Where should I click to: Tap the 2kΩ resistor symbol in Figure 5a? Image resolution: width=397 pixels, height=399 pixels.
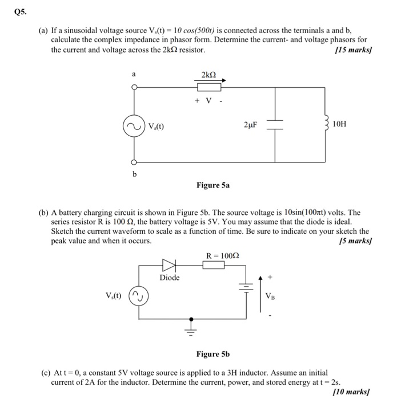pyautogui.click(x=209, y=87)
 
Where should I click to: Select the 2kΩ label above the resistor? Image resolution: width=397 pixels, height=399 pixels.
pyautogui.click(x=209, y=75)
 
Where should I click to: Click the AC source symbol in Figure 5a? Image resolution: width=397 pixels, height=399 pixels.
pyautogui.click(x=135, y=127)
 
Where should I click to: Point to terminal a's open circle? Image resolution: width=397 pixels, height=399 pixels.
pyautogui.click(x=135, y=87)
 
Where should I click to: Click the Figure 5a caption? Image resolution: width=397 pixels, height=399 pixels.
pyautogui.click(x=214, y=185)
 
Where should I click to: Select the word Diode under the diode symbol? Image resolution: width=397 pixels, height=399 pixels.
pyautogui.click(x=169, y=278)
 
